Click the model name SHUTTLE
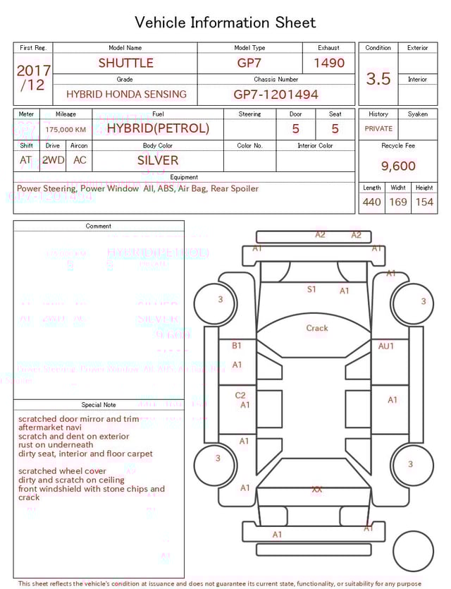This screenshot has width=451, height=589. (x=125, y=63)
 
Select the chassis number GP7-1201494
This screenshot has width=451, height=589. (x=276, y=94)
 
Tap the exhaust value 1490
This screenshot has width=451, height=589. (x=329, y=63)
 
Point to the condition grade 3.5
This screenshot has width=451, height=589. (x=378, y=79)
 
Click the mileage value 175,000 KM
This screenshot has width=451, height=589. (x=66, y=129)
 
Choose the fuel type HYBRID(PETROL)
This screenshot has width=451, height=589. (x=158, y=128)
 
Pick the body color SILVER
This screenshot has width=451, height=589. (x=158, y=160)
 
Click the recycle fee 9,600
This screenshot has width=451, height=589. (x=398, y=166)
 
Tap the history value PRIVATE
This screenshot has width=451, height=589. (x=378, y=128)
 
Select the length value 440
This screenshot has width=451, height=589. (x=372, y=202)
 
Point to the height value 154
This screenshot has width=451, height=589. (x=424, y=202)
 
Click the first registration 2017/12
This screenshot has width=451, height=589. (x=33, y=78)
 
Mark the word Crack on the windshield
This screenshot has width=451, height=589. (x=317, y=328)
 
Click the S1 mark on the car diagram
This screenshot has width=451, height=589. (x=311, y=289)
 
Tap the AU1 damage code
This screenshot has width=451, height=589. (x=386, y=346)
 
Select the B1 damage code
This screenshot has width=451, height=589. (x=237, y=346)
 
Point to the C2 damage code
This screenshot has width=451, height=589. (x=240, y=396)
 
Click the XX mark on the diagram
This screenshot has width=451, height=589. (x=317, y=489)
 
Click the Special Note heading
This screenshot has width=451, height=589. (x=99, y=405)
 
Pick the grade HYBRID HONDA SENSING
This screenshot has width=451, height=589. (x=126, y=94)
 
